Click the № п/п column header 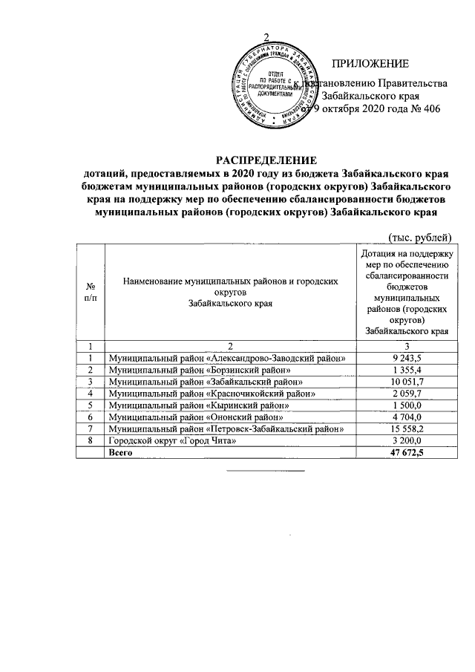tap(90, 292)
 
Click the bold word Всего tap(120, 453)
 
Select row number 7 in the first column tap(90, 429)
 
